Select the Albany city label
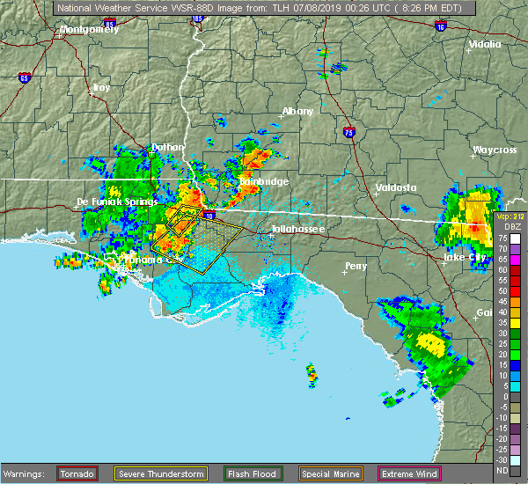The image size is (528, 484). (x=297, y=112)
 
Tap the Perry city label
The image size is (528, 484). (x=356, y=265)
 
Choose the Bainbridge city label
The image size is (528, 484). (x=263, y=181)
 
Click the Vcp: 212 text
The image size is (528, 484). (x=510, y=216)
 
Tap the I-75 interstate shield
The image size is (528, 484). (x=349, y=132)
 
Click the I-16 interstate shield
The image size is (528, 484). (x=440, y=28)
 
